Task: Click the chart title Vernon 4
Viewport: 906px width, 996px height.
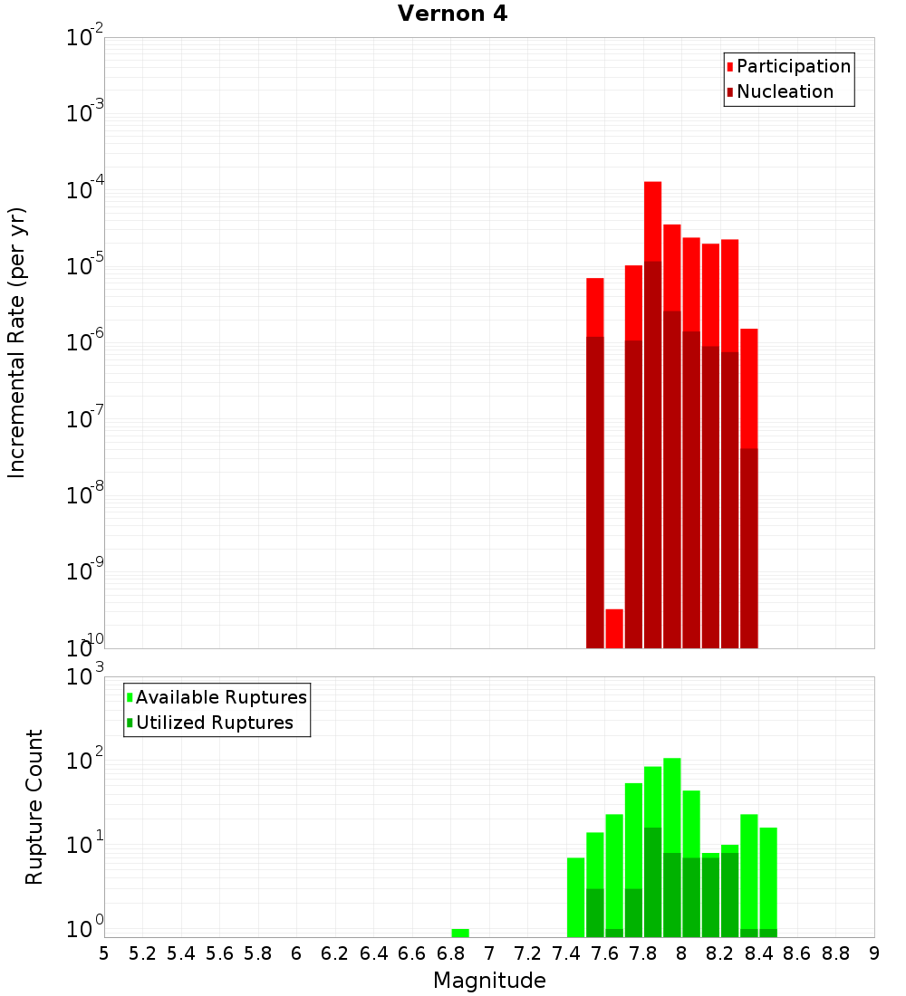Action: (x=452, y=14)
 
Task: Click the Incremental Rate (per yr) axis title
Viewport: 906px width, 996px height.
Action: (x=17, y=343)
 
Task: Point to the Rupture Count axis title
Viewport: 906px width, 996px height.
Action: (x=34, y=807)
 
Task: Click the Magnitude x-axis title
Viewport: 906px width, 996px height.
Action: (x=489, y=981)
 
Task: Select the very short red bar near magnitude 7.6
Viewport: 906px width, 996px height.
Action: (x=614, y=628)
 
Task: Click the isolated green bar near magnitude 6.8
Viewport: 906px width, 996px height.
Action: (x=460, y=933)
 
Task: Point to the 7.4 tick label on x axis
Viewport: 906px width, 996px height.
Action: (x=566, y=953)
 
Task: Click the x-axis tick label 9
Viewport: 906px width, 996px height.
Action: (x=874, y=953)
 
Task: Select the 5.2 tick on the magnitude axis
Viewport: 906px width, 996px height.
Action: (x=142, y=953)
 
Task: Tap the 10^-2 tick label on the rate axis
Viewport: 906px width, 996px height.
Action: (x=85, y=38)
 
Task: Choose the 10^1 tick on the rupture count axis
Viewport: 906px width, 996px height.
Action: (x=86, y=846)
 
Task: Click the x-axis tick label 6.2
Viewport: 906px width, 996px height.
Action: (x=335, y=953)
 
